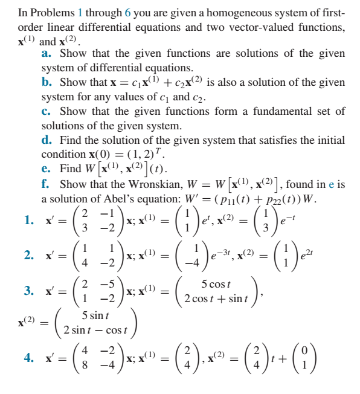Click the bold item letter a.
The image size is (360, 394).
46,53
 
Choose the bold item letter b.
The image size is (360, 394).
47,82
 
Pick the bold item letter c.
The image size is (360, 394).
46,111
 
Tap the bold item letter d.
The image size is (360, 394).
47,140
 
